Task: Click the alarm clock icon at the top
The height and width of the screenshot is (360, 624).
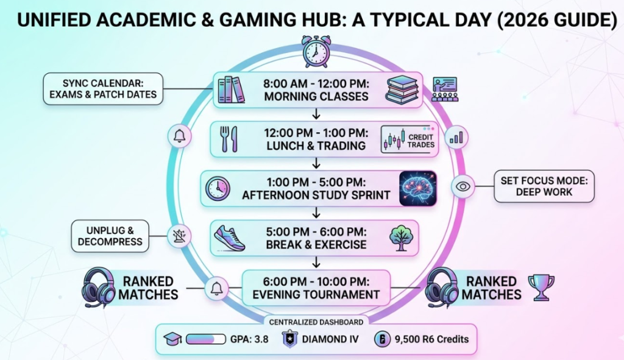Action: (315, 52)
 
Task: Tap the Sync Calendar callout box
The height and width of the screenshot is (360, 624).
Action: (102, 88)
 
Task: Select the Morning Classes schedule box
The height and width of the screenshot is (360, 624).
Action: (317, 90)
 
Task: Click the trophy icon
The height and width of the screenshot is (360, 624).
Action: (541, 287)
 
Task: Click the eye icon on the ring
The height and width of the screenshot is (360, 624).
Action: (463, 186)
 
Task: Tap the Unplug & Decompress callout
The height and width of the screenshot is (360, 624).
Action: (110, 236)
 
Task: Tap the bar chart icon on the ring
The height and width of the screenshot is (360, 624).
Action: (456, 137)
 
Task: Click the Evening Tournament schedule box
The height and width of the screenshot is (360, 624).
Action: (317, 287)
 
